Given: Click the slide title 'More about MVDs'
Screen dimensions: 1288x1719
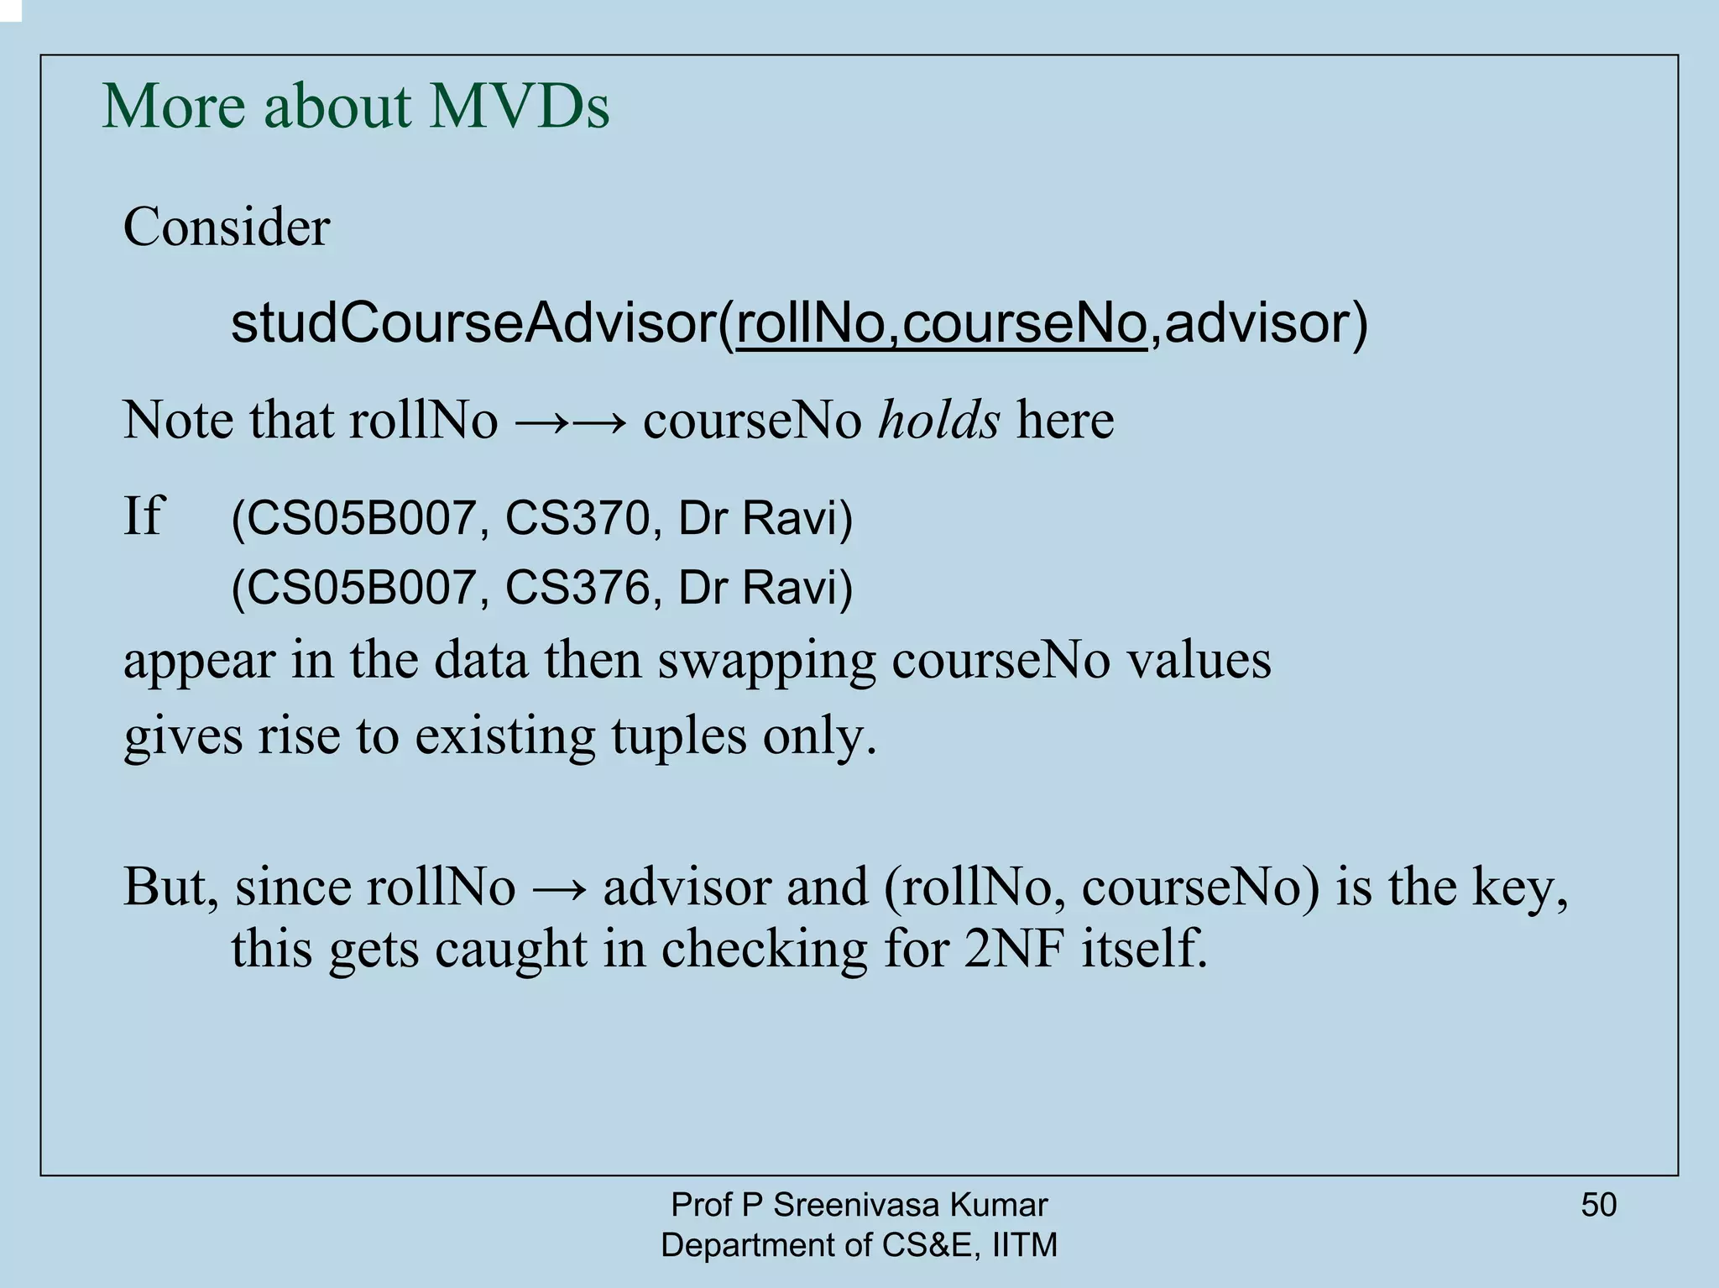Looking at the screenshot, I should [355, 107].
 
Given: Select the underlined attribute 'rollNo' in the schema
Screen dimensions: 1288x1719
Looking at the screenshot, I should [810, 324].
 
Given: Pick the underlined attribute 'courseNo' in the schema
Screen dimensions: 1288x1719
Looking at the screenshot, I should [1025, 324].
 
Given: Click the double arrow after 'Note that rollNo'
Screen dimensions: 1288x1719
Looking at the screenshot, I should [570, 421].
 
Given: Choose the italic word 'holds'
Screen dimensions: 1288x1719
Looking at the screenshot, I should [938, 420].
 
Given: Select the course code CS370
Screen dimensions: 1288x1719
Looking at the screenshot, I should [577, 518].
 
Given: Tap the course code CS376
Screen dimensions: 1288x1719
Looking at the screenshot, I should [577, 587].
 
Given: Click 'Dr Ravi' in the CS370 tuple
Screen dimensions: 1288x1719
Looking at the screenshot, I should [759, 518].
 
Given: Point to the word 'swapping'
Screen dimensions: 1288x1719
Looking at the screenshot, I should [765, 661].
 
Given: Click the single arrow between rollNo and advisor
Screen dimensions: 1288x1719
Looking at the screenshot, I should [559, 888].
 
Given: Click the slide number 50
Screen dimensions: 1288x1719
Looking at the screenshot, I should [1598, 1205].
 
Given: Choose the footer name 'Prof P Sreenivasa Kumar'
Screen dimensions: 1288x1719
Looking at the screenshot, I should [859, 1205].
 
